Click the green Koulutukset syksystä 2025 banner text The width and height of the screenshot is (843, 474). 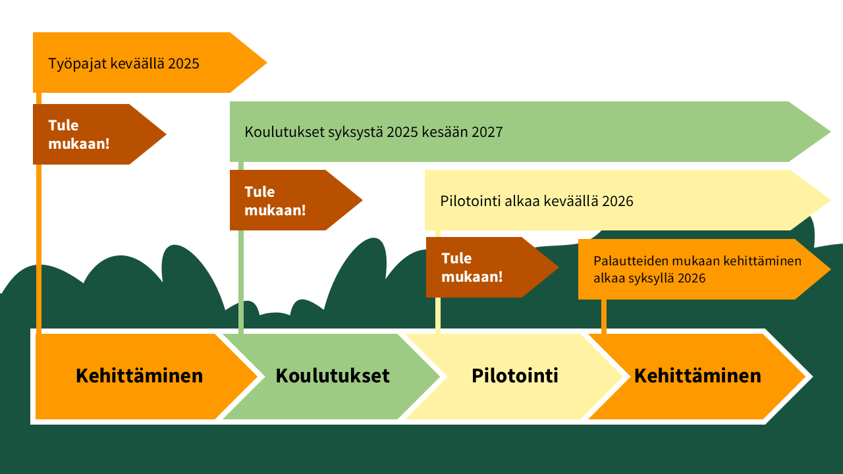pos(373,132)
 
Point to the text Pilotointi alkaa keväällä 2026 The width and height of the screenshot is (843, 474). pos(537,201)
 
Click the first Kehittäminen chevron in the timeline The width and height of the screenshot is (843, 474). pos(139,376)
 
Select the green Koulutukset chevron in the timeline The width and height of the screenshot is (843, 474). pos(332,376)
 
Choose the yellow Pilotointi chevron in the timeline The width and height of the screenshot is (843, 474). pos(514,376)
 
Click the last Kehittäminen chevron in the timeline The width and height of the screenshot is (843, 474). pos(697,376)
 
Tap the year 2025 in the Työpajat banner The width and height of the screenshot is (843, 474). pos(184,64)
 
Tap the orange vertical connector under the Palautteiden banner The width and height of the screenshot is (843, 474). pos(603,316)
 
